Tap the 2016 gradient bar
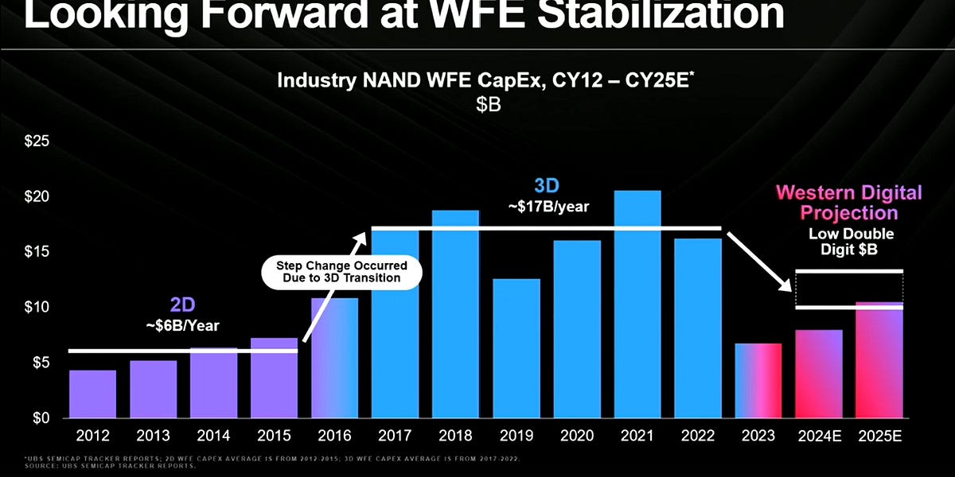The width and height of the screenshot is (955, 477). click(334, 358)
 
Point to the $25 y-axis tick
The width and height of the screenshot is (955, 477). click(37, 142)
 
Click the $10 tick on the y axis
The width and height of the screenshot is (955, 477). click(37, 307)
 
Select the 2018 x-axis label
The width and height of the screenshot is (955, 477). click(456, 436)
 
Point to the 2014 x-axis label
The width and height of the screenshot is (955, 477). click(213, 436)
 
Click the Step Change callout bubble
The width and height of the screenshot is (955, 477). click(341, 271)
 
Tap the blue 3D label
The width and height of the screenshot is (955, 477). click(547, 186)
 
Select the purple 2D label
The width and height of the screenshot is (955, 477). click(182, 305)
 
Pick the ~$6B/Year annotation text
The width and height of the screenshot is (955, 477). click(182, 325)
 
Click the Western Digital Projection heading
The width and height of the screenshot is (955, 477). click(848, 203)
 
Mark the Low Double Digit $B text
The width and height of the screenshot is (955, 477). click(851, 241)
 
